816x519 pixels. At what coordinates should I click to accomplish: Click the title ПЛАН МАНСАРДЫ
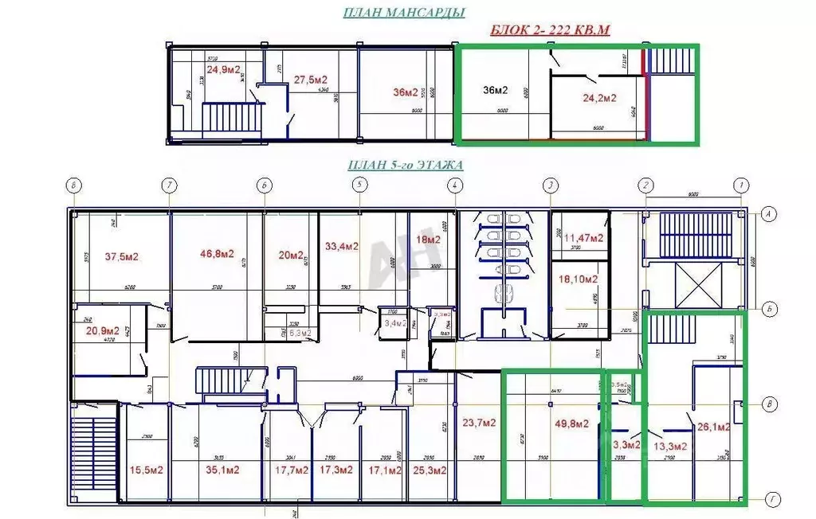404,13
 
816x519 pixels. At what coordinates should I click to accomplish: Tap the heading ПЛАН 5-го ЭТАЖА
406,166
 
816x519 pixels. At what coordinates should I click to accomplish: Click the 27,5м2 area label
311,80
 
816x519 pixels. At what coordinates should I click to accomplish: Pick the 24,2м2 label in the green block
599,99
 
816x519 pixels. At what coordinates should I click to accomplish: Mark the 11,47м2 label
583,237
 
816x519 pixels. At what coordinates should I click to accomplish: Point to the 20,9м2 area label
102,330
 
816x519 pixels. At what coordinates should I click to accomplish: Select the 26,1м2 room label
715,427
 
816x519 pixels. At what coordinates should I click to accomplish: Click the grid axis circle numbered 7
168,185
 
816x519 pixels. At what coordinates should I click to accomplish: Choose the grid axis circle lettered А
769,213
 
